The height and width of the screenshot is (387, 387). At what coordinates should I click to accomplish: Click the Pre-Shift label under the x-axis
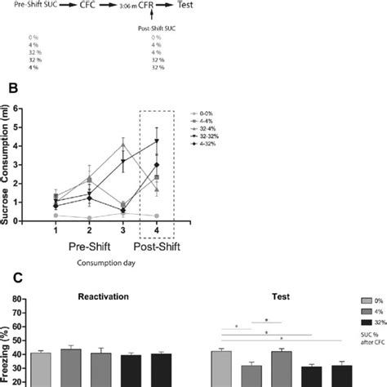[x=89, y=245]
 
